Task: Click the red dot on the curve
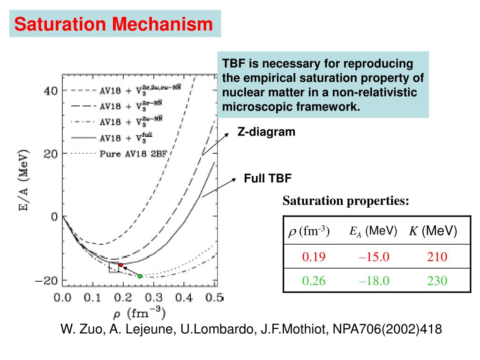[x=120, y=265]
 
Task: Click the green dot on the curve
[x=140, y=276]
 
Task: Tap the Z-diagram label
[x=266, y=132]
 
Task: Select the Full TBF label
[x=268, y=178]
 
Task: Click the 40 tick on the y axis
[x=51, y=90]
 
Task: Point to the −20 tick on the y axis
[x=47, y=280]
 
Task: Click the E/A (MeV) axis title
[x=24, y=186]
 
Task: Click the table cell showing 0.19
[x=314, y=256]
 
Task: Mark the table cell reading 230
[x=437, y=280]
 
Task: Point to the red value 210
[x=437, y=256]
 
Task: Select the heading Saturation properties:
[x=346, y=201]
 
